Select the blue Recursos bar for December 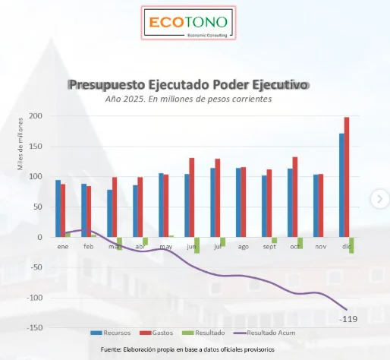pyautogui.click(x=341, y=185)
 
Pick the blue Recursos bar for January pyautogui.click(x=58, y=208)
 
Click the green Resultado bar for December pyautogui.click(x=352, y=245)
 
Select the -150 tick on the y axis pyautogui.click(x=33, y=328)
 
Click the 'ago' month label pyautogui.click(x=243, y=246)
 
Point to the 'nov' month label pyautogui.click(x=322, y=246)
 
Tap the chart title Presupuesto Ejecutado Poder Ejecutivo pyautogui.click(x=189, y=85)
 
